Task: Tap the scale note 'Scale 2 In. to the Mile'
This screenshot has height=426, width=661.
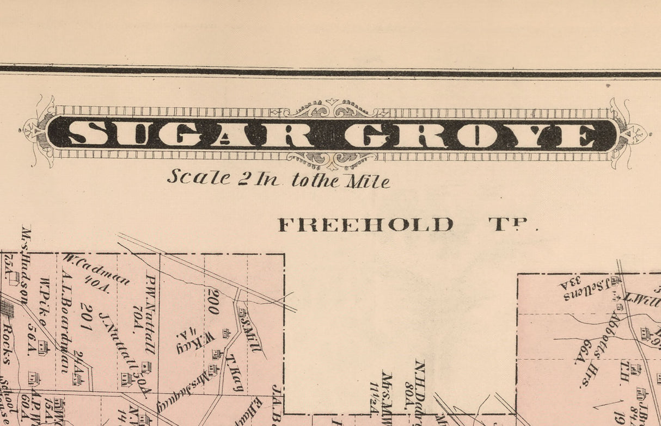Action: [278, 178]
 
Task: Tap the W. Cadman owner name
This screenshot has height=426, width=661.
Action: [96, 269]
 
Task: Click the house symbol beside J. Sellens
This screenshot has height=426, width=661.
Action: [615, 281]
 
